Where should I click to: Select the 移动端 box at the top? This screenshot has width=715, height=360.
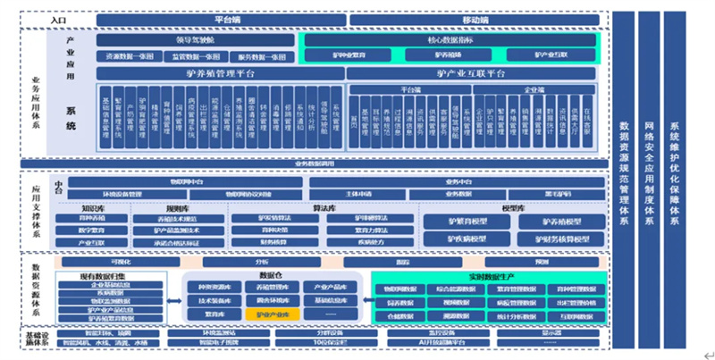pyautogui.click(x=473, y=19)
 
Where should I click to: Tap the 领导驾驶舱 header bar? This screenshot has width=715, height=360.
pyautogui.click(x=196, y=40)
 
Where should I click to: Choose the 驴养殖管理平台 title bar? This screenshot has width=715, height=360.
pyautogui.click(x=220, y=73)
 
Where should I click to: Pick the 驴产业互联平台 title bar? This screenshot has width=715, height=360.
pyautogui.click(x=472, y=73)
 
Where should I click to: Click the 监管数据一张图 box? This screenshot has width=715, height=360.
pyautogui.click(x=194, y=56)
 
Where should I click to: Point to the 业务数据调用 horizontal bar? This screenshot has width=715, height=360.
pyautogui.click(x=315, y=164)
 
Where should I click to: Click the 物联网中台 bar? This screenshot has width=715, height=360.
pyautogui.click(x=186, y=181)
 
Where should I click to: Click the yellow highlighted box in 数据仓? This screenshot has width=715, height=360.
pyautogui.click(x=273, y=315)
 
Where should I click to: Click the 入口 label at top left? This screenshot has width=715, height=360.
pyautogui.click(x=58, y=19)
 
